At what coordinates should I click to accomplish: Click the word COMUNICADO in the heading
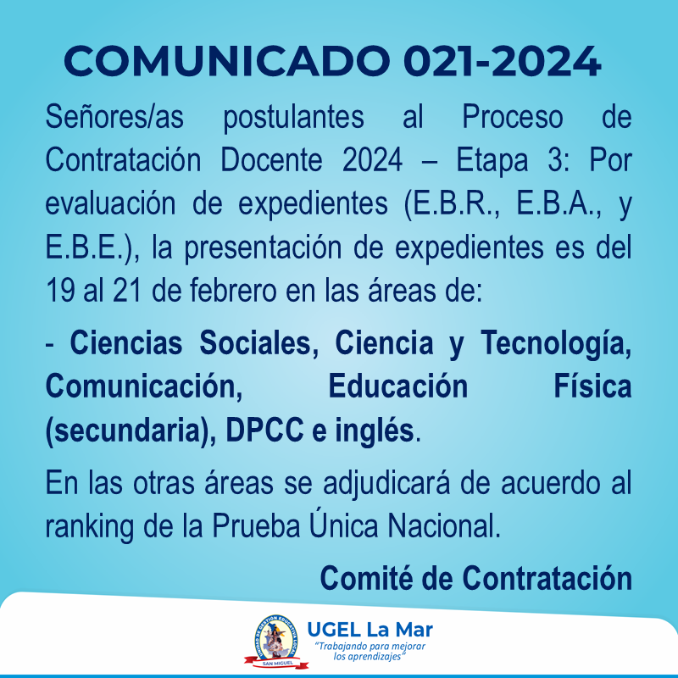[227, 61]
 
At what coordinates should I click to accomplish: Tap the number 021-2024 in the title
[502, 61]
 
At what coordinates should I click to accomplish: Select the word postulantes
[293, 118]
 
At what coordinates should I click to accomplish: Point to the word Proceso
[513, 118]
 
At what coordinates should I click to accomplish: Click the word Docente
[271, 160]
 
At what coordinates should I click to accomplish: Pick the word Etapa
[492, 161]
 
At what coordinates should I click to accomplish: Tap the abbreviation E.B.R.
[457, 204]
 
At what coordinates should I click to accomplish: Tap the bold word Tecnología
[556, 343]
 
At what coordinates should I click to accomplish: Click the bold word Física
[592, 386]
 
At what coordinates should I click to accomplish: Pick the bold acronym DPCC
[264, 431]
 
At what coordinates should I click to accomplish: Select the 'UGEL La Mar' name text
[370, 630]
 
